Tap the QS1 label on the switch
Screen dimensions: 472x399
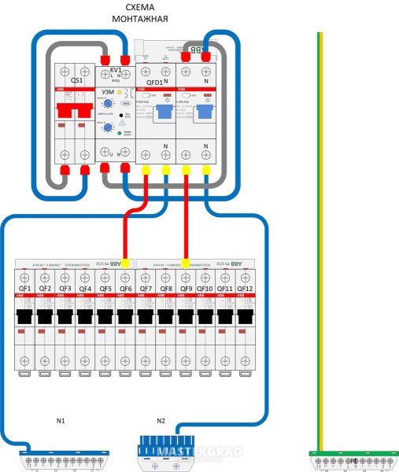click(x=76, y=80)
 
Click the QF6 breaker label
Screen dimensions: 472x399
click(x=126, y=289)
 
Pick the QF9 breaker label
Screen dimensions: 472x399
click(x=186, y=289)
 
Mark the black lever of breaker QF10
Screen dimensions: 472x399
click(x=206, y=316)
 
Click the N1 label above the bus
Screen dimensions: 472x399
click(x=61, y=421)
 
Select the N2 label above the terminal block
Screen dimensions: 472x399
click(x=161, y=421)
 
